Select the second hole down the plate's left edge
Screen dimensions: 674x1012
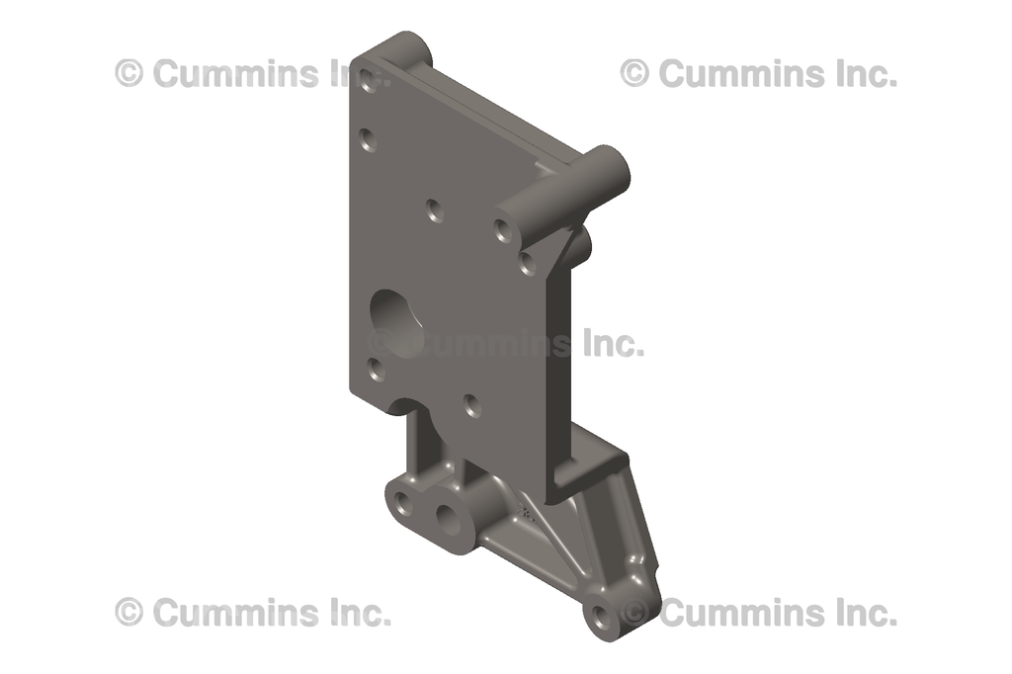369,142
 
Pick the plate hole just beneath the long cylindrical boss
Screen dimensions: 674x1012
527,262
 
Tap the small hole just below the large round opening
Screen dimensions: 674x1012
376,370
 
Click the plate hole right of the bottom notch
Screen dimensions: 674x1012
472,403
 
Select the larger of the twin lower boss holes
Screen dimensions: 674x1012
451,518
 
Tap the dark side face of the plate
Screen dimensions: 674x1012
559,366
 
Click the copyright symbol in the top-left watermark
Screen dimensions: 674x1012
129,72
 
